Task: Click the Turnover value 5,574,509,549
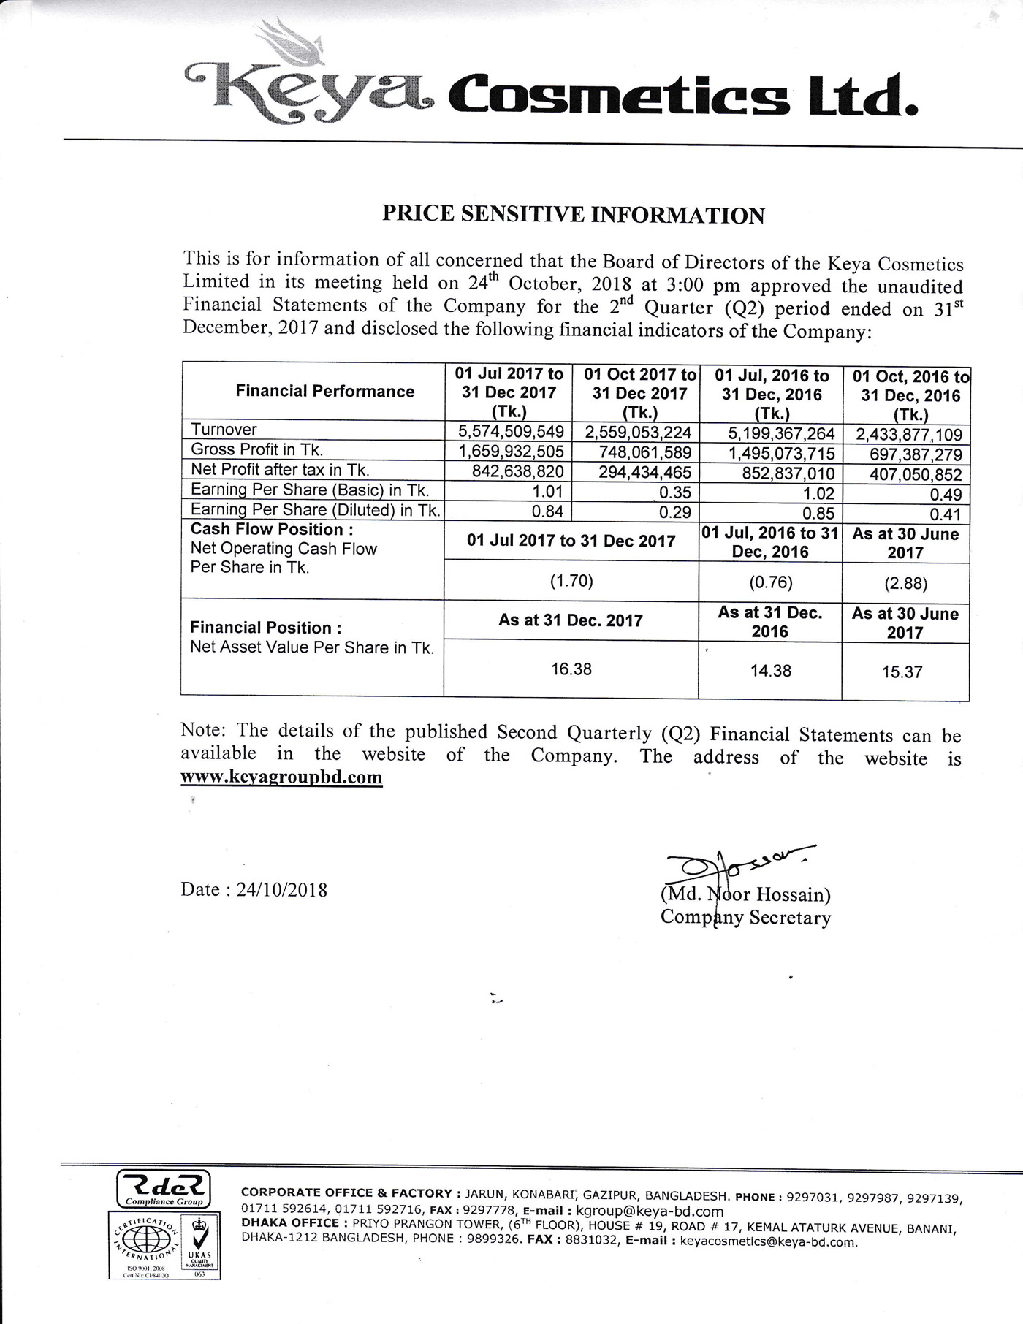pyautogui.click(x=511, y=431)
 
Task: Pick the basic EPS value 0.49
pyautogui.click(x=946, y=495)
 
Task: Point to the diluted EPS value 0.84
pyautogui.click(x=547, y=511)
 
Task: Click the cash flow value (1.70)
pyautogui.click(x=571, y=582)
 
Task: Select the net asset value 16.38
pyautogui.click(x=571, y=669)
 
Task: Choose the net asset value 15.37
pyautogui.click(x=902, y=671)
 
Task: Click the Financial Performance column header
pyautogui.click(x=324, y=392)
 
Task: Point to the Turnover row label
pyautogui.click(x=224, y=430)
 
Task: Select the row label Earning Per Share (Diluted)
pyautogui.click(x=315, y=510)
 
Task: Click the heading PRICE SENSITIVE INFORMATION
pyautogui.click(x=574, y=215)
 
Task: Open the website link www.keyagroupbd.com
pyautogui.click(x=281, y=777)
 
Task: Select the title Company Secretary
pyautogui.click(x=745, y=918)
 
